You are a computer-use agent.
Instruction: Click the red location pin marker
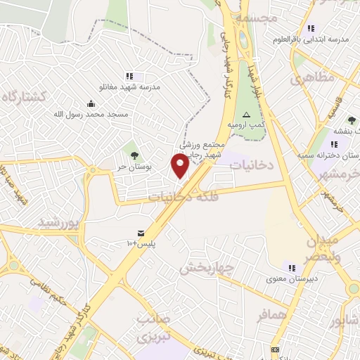coord(181,165)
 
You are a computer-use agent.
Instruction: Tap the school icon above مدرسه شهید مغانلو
coord(129,76)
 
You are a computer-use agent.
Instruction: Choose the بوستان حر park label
coord(131,167)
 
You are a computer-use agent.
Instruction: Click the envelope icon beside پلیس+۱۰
coord(142,233)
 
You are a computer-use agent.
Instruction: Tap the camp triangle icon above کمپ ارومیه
coord(246,115)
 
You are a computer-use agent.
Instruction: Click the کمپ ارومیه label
coord(246,124)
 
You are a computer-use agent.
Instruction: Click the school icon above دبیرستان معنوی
coord(292,267)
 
